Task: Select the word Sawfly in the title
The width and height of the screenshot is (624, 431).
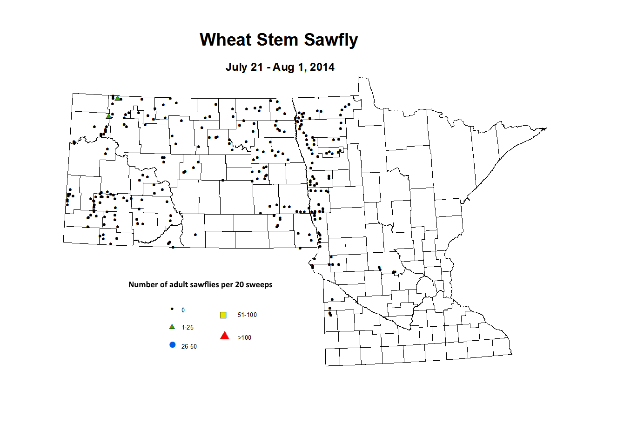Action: [x=331, y=40]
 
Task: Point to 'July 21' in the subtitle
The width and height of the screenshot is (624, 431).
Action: [x=244, y=67]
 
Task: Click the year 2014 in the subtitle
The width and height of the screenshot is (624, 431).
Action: [x=322, y=67]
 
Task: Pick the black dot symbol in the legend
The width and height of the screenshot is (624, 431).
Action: [x=172, y=309]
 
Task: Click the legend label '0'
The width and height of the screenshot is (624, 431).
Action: [x=183, y=310]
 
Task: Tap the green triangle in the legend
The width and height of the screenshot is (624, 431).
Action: [x=172, y=327]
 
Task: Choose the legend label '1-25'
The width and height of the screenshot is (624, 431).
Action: [x=188, y=328]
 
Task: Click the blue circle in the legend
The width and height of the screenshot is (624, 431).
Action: [x=173, y=345]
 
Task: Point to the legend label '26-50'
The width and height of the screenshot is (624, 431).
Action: [x=189, y=346]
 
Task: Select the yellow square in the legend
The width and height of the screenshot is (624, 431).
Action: [x=223, y=315]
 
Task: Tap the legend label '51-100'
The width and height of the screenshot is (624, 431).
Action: [x=247, y=315]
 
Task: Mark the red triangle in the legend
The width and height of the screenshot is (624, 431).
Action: [x=225, y=336]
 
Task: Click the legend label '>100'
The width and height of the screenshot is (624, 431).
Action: [x=244, y=337]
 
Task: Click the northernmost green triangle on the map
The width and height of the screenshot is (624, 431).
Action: [x=118, y=98]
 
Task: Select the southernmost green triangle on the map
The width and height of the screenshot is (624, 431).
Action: [x=108, y=116]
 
